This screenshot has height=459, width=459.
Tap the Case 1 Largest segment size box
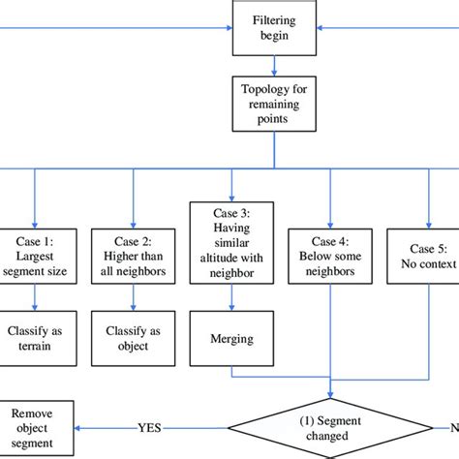35,256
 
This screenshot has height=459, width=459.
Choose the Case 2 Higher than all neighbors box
132,256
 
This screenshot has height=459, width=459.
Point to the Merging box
231,339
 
